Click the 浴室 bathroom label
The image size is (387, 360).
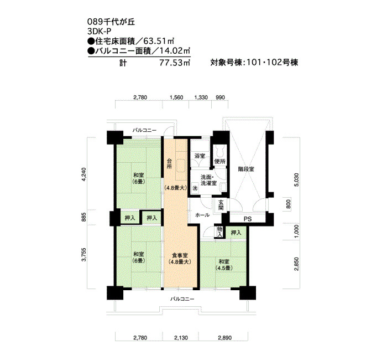coord(200,156)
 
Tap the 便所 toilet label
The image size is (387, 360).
coord(220,162)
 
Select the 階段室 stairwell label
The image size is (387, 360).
coord(247,169)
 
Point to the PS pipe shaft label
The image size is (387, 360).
coord(248,219)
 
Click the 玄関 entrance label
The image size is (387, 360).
coord(221,205)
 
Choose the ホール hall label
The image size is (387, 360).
coord(202,215)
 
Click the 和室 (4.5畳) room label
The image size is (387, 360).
coord(224,265)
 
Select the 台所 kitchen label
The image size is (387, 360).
coord(169,163)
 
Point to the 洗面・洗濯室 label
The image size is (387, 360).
coord(208,180)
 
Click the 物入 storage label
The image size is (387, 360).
coord(219,232)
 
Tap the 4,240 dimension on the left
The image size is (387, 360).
coord(84,175)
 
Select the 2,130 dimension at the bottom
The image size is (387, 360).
coord(181,338)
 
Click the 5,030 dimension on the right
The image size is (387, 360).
coord(297,180)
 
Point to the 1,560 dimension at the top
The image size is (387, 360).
coord(176,97)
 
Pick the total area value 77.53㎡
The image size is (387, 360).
coord(174,63)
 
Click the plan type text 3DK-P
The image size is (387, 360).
coord(100,32)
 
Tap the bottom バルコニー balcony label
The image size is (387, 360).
coord(182,299)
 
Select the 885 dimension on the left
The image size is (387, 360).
coord(84,217)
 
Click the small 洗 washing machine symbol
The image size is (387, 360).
coord(195,188)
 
